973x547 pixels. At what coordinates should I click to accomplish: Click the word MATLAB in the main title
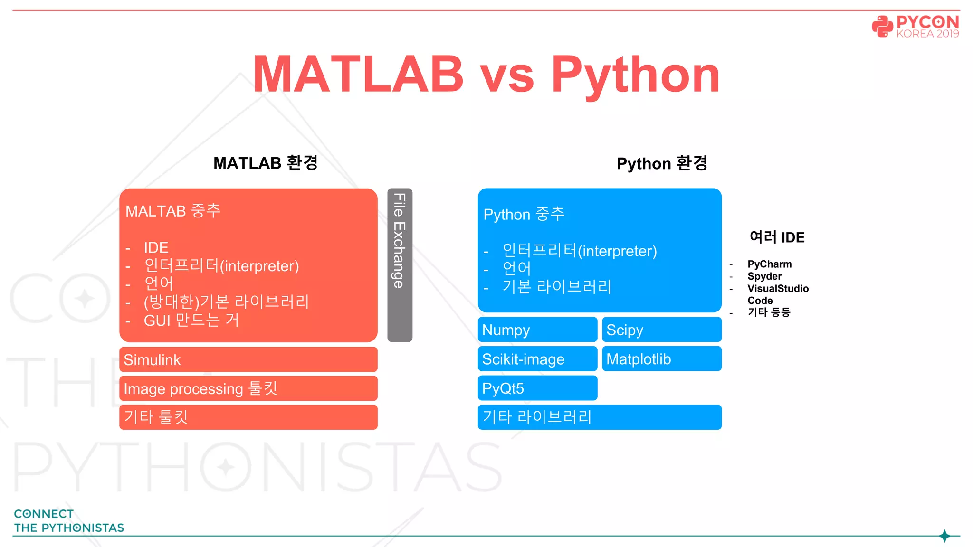(x=358, y=74)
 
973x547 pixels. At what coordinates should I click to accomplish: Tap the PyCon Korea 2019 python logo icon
(x=882, y=26)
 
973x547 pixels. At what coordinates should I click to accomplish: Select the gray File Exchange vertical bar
(x=400, y=265)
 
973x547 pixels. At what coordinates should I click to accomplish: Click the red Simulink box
(x=248, y=360)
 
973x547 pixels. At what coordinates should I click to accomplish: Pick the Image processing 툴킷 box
(x=248, y=389)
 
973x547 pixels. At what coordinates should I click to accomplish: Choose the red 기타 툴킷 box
(x=248, y=417)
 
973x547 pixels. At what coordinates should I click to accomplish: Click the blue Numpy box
(x=537, y=330)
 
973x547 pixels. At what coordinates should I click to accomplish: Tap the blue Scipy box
(x=661, y=330)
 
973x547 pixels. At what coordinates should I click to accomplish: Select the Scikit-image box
(x=537, y=359)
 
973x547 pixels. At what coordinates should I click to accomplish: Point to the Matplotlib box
(x=661, y=359)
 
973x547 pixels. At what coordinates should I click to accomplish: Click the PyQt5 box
(x=537, y=388)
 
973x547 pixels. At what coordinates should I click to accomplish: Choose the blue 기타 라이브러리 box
(x=600, y=417)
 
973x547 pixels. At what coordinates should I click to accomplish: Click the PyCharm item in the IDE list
(x=769, y=264)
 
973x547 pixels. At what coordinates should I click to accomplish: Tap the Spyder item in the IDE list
(x=764, y=276)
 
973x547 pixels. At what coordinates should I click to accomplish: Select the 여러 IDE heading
(x=777, y=237)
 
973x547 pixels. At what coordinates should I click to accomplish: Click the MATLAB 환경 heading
(x=265, y=163)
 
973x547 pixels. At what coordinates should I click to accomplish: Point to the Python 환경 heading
(x=662, y=163)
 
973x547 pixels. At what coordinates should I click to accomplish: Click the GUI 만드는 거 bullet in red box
(x=191, y=321)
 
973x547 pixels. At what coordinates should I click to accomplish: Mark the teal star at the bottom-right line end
(x=944, y=536)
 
